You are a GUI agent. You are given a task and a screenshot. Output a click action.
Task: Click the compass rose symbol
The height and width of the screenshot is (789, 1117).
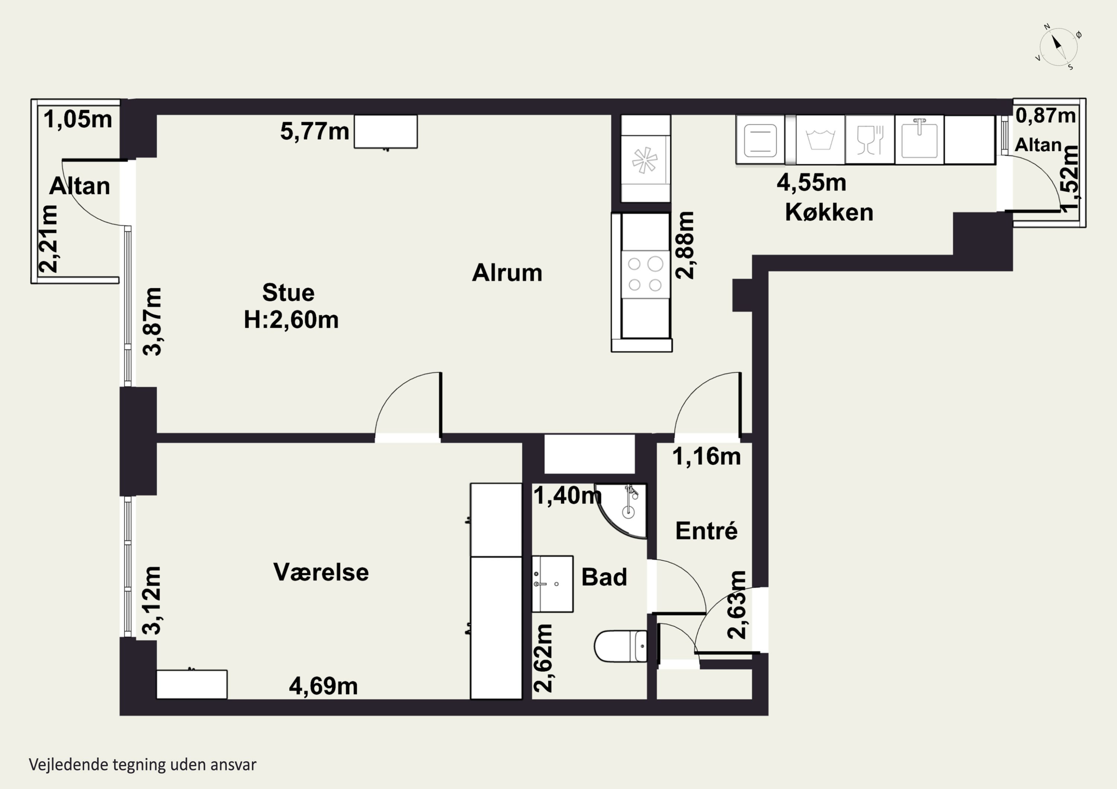coord(1058,47)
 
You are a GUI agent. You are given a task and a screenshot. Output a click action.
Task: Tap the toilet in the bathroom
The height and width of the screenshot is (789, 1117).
coord(621,646)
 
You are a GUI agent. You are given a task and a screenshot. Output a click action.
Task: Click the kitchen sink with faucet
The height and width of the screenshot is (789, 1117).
coord(919,139)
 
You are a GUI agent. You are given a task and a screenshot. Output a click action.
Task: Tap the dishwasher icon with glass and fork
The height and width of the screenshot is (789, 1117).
coord(870,139)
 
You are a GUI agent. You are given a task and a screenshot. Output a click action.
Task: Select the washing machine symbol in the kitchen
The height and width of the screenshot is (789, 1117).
coord(820,139)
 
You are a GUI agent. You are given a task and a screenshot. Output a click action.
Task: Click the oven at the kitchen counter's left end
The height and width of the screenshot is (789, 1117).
coord(760,139)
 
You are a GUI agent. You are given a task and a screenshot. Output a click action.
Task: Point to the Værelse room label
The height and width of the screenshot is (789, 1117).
coord(321,572)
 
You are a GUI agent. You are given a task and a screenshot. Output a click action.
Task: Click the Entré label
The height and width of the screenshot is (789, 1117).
coord(706,530)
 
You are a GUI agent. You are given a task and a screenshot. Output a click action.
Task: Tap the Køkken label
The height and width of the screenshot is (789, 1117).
coord(829,212)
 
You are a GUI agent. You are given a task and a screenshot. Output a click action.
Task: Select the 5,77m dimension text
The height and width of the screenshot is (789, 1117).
coord(315,132)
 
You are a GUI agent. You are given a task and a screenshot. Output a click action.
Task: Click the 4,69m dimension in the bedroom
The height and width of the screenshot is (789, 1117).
coord(324,686)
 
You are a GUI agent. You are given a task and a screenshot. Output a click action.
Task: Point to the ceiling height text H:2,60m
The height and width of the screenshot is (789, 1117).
coord(291,320)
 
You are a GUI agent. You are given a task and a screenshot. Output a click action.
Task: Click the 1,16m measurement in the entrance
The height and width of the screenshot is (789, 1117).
coord(706,456)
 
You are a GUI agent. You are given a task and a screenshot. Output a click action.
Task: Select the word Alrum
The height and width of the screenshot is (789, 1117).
coord(507,273)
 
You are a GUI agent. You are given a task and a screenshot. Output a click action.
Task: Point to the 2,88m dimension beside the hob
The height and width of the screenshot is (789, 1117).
coord(685,245)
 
